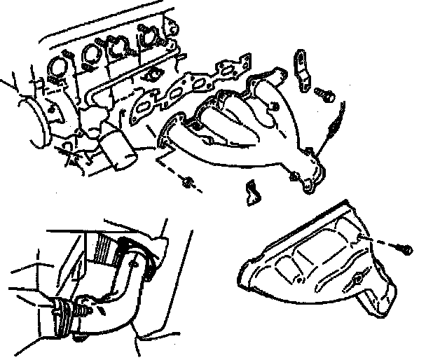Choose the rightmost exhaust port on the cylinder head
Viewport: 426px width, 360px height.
(149, 35)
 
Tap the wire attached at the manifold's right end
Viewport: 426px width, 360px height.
(336, 119)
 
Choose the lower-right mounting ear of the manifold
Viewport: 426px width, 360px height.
(308, 186)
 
